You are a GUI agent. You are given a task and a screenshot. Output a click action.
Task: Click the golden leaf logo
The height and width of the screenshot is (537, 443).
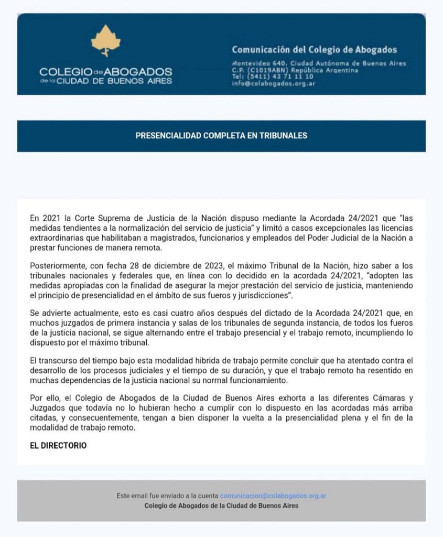pyautogui.click(x=106, y=40)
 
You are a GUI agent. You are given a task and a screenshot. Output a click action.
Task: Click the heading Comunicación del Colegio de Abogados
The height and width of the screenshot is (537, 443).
pyautogui.click(x=314, y=50)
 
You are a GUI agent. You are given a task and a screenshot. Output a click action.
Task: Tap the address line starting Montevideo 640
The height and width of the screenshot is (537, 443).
pyautogui.click(x=319, y=63)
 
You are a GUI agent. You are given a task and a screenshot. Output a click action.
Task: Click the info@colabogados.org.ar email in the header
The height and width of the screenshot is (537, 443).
pyautogui.click(x=273, y=83)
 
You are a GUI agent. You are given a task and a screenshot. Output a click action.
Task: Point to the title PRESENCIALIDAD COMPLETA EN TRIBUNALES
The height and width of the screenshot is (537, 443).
pyautogui.click(x=221, y=136)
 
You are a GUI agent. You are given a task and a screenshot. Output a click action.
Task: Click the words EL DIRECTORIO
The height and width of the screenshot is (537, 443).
pyautogui.click(x=58, y=446)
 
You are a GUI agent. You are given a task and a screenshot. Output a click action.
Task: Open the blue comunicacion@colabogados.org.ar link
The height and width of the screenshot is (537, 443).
pyautogui.click(x=273, y=496)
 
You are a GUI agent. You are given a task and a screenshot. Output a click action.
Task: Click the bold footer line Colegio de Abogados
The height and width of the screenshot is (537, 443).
pyautogui.click(x=221, y=506)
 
